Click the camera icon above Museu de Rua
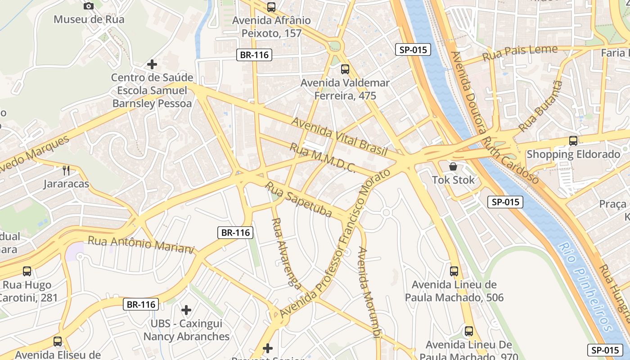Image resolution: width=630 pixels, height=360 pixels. (89, 6)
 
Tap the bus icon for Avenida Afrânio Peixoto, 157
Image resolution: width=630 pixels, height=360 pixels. (271, 7)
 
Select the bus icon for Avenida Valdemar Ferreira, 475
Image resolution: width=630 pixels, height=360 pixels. (345, 69)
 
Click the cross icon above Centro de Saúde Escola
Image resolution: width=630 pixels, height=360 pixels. (152, 64)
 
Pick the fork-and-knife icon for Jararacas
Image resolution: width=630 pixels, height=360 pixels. (66, 170)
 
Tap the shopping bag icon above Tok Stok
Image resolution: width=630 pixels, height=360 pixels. (453, 166)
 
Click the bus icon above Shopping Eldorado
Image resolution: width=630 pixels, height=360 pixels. (573, 140)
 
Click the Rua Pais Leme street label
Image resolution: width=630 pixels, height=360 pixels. (520, 53)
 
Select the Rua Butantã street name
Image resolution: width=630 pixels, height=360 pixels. (540, 107)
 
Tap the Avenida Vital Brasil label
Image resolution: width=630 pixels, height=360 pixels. (339, 137)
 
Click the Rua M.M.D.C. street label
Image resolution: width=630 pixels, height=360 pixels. (323, 158)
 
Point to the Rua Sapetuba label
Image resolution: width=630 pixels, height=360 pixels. (298, 199)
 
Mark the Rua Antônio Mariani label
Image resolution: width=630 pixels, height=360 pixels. (140, 244)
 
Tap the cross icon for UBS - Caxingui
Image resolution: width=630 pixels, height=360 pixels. (186, 310)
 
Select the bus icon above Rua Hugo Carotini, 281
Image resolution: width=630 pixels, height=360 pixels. (27, 271)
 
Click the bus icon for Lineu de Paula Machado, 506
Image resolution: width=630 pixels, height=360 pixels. (454, 271)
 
